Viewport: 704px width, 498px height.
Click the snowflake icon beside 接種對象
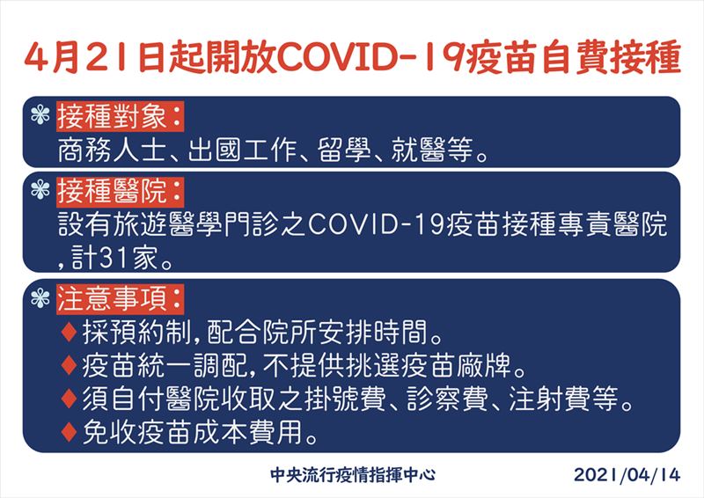pos(37,115)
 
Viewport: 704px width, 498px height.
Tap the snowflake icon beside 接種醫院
pos(37,190)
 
